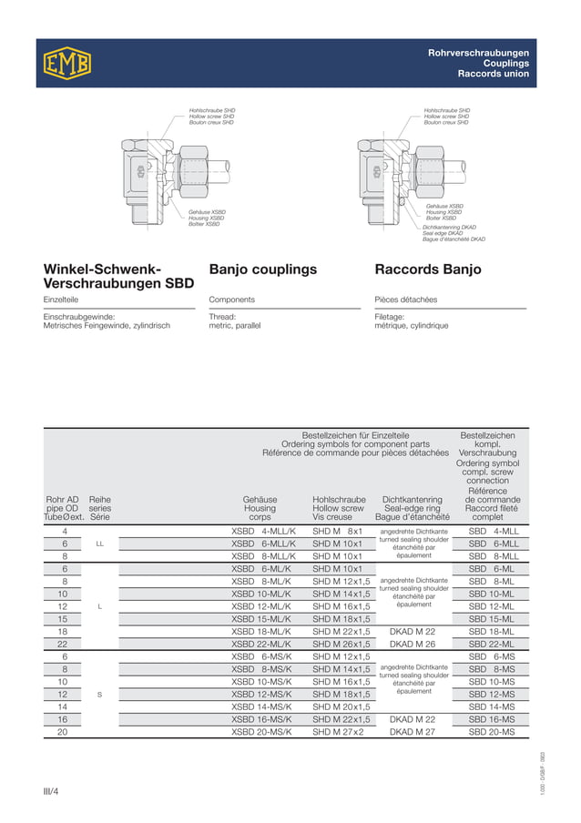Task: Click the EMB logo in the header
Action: coord(66,62)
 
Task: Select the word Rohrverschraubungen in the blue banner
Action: coord(478,54)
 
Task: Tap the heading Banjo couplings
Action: coord(263,269)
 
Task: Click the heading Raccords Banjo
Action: coord(428,269)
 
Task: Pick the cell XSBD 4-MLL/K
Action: coord(264,531)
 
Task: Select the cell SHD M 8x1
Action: coord(338,531)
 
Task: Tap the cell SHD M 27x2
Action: coord(338,731)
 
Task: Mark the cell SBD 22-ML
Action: coord(492,644)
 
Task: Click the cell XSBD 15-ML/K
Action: coord(262,618)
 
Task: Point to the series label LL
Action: coord(100,544)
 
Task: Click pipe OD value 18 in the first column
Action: coord(63,631)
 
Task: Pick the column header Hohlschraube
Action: coord(339,499)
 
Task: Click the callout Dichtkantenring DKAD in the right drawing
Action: coord(449,227)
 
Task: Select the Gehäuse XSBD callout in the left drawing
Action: coord(207,212)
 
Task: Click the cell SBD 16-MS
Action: coord(492,718)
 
